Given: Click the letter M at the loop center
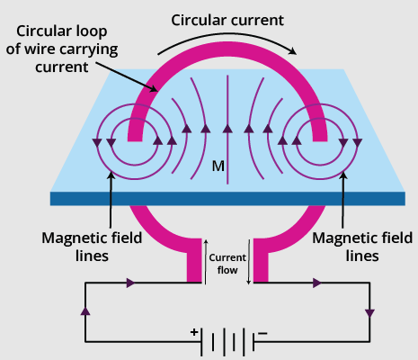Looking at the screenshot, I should tap(218, 166).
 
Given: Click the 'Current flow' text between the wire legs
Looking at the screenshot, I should tap(227, 263).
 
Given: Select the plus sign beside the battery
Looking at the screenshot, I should tap(193, 331).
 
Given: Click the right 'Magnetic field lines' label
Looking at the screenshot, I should tap(351, 247).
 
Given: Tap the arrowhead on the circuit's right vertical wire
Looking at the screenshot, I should tap(369, 313).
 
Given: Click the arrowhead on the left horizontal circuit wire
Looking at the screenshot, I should tap(131, 283).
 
